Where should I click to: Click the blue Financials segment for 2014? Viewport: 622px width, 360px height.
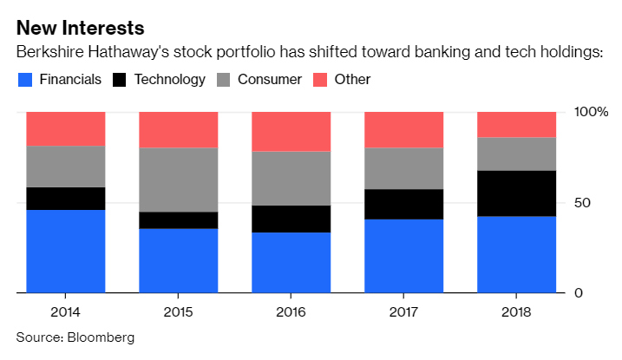click(65, 252)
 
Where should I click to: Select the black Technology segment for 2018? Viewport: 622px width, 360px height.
click(516, 193)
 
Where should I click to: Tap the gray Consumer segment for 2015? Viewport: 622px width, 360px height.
click(178, 180)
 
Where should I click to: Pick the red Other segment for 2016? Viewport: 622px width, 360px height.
click(291, 131)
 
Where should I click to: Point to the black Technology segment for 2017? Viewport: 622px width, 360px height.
click(403, 204)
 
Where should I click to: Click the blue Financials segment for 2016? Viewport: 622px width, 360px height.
click(291, 263)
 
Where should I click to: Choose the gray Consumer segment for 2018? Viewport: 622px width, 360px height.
click(516, 154)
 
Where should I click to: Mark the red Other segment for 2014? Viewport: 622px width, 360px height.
click(65, 128)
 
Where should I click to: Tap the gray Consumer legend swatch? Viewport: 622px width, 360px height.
click(222, 80)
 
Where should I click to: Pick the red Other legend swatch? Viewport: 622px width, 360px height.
click(318, 80)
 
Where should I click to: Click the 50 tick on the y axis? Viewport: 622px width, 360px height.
click(584, 203)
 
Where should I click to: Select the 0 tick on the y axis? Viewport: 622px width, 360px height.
click(579, 293)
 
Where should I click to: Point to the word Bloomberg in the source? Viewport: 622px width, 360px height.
click(101, 337)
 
